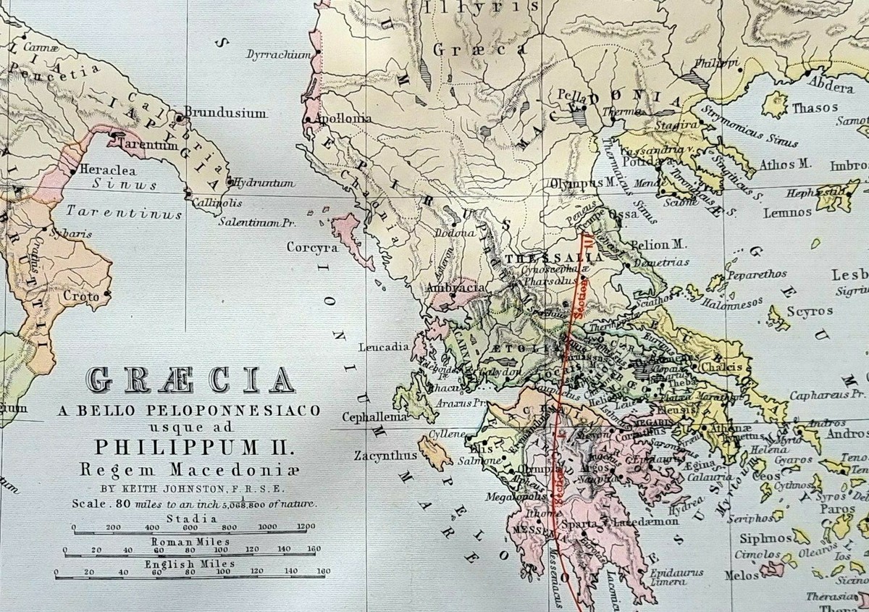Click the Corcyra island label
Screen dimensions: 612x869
click(x=312, y=247)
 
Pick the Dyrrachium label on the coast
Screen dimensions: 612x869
click(x=279, y=55)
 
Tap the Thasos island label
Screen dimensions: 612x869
click(x=815, y=108)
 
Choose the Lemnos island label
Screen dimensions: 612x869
click(x=786, y=212)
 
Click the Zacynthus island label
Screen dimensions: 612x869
click(x=386, y=456)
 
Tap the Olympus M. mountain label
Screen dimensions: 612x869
click(x=577, y=184)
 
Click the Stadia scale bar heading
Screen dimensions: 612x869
click(x=190, y=518)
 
